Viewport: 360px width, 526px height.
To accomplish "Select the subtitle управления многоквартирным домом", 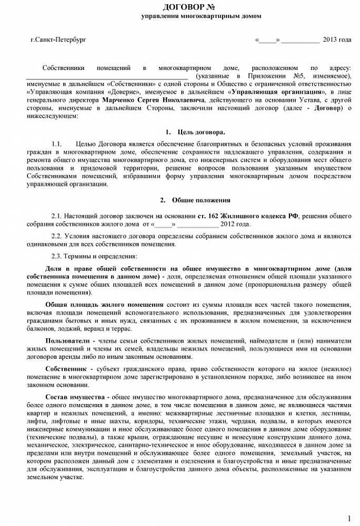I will coord(201,16).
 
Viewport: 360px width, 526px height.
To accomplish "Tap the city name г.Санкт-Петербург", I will coord(58,39).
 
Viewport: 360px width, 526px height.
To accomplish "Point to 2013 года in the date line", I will coord(337,39).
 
